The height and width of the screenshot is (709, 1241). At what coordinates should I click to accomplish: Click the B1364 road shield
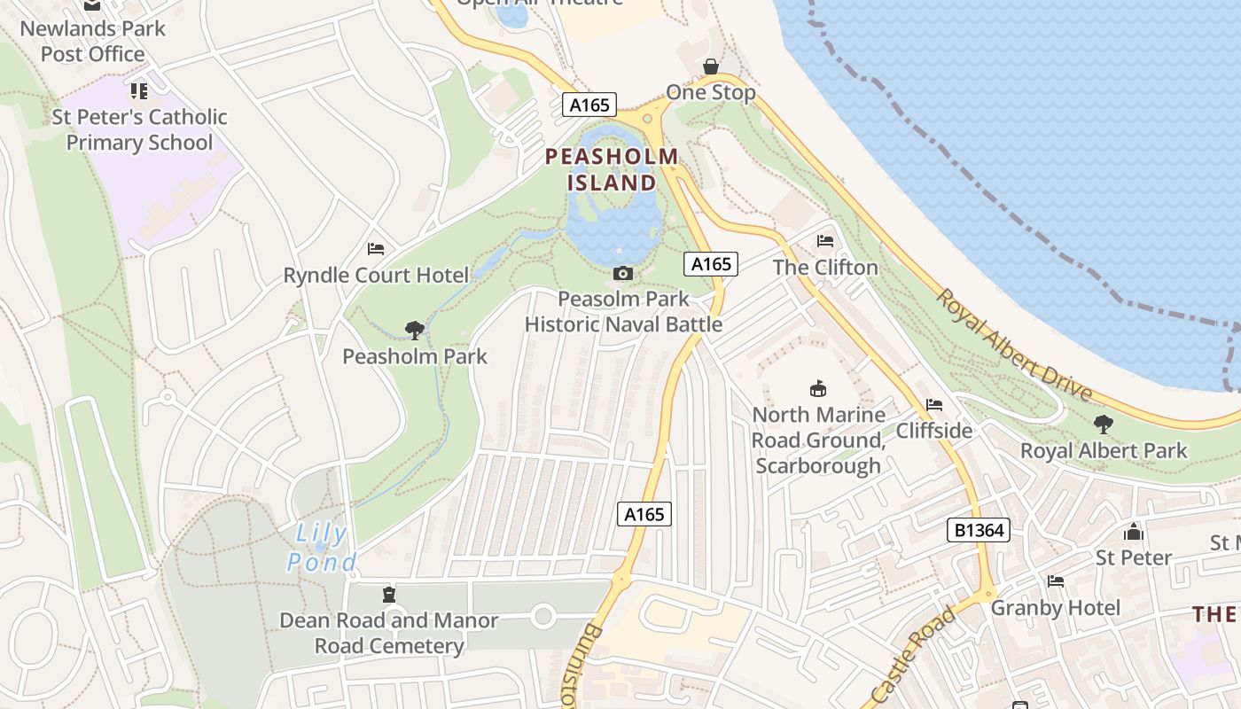[x=980, y=530]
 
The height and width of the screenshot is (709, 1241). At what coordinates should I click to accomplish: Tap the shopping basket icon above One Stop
[x=710, y=66]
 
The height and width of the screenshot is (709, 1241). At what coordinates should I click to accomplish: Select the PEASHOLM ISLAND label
[x=612, y=169]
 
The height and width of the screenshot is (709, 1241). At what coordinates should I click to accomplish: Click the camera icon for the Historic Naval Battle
[x=623, y=273]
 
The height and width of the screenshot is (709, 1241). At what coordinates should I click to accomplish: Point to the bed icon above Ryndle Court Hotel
[x=376, y=249]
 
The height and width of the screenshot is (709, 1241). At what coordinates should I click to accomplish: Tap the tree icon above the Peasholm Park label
[x=414, y=331]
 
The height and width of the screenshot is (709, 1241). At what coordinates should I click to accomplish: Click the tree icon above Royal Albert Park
[x=1104, y=425]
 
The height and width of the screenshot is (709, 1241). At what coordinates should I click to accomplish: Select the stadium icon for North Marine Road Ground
[x=817, y=388]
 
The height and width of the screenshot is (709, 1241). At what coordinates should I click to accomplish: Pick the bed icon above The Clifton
[x=825, y=241]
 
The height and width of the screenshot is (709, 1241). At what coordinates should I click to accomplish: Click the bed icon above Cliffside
[x=934, y=405]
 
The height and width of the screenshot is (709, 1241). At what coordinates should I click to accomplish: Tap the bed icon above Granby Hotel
[x=1055, y=581]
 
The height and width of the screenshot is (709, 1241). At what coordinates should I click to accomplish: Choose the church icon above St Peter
[x=1134, y=532]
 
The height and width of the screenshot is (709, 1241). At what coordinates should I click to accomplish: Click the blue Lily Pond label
[x=322, y=548]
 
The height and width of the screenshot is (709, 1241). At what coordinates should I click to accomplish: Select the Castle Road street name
[x=915, y=653]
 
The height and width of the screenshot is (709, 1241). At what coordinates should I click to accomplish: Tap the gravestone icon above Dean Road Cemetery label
[x=388, y=594]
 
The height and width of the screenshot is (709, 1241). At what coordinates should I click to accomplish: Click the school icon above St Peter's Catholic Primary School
[x=138, y=90]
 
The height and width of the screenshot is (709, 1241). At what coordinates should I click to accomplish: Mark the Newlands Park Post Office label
[x=92, y=41]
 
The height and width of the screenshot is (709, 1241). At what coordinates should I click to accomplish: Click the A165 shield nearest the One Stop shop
[x=589, y=105]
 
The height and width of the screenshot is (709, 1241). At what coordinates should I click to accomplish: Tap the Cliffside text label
[x=934, y=431]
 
